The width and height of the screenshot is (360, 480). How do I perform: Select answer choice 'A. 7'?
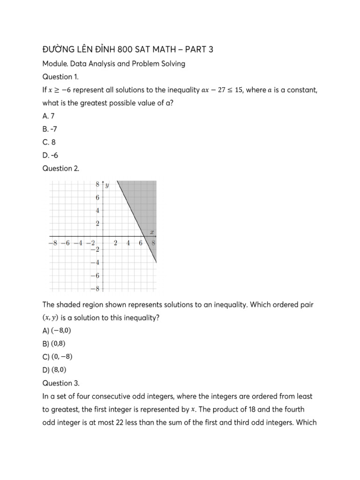click(48, 116)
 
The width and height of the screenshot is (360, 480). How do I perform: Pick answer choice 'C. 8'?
click(49, 142)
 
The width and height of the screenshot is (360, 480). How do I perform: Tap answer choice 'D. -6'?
click(50, 155)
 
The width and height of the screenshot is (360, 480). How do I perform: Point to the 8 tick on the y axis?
click(98, 184)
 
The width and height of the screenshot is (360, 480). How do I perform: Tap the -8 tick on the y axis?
click(96, 288)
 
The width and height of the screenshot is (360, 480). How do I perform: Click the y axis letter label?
click(107, 185)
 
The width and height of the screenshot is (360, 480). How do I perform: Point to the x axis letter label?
click(152, 232)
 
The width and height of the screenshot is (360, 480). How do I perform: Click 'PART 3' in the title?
click(195, 49)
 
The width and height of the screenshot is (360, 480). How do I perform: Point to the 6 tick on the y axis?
click(98, 198)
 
